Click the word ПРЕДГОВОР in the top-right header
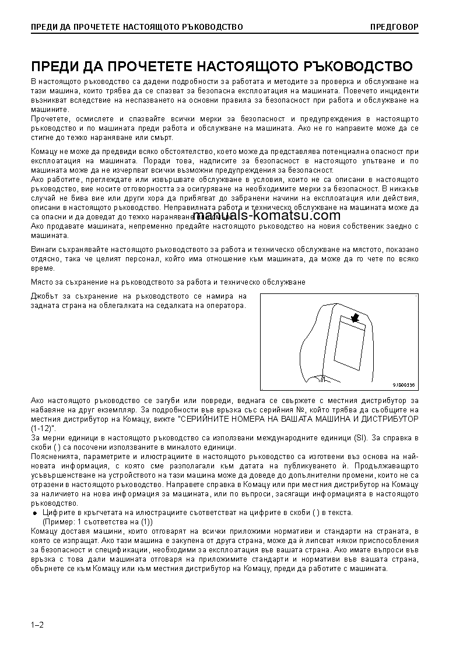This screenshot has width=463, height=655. point(394,27)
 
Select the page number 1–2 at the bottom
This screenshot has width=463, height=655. point(37,625)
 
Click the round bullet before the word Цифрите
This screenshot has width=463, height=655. point(34,513)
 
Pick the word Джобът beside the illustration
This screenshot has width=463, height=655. point(44,296)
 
